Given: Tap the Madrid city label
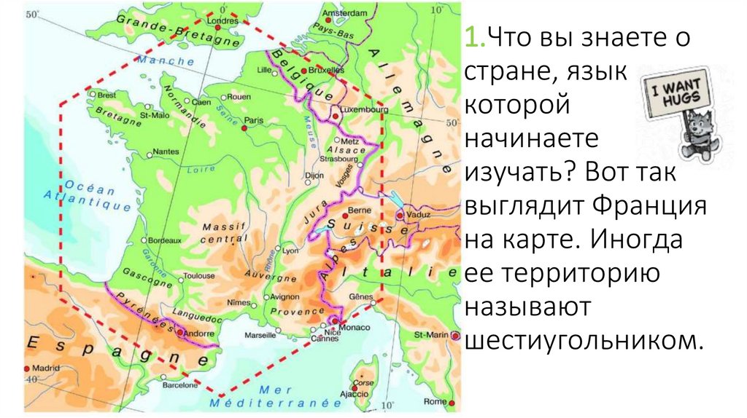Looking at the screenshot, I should (44, 368).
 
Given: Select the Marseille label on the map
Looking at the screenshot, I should (260, 336).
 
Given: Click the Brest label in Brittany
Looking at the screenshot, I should (106, 95).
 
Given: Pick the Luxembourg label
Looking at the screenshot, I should (365, 109).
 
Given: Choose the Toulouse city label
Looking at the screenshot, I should (199, 276).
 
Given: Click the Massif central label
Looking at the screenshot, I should (224, 232).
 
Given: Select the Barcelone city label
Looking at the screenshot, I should (179, 385).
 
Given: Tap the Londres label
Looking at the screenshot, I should (223, 21).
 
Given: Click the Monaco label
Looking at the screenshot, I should (355, 328).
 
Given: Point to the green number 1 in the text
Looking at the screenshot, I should (469, 37).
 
